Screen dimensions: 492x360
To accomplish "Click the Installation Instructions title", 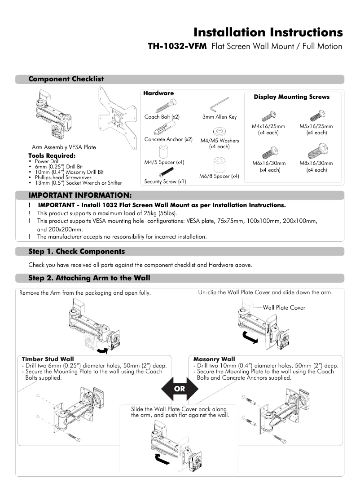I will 268,32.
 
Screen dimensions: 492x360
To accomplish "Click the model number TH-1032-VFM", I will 177,46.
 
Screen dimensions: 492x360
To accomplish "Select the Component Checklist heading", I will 66,79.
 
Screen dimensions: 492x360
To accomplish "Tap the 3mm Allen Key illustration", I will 220,103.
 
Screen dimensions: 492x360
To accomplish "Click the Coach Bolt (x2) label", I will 162,117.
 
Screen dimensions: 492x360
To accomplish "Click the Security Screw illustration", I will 166,172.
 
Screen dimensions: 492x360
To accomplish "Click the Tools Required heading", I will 52,156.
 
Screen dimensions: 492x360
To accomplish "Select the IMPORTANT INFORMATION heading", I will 80,195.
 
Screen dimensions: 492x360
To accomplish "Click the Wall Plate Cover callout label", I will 284,308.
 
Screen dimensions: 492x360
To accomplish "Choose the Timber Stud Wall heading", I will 48,359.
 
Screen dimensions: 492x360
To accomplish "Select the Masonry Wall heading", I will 214,359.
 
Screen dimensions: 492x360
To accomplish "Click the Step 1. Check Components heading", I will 76,252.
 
